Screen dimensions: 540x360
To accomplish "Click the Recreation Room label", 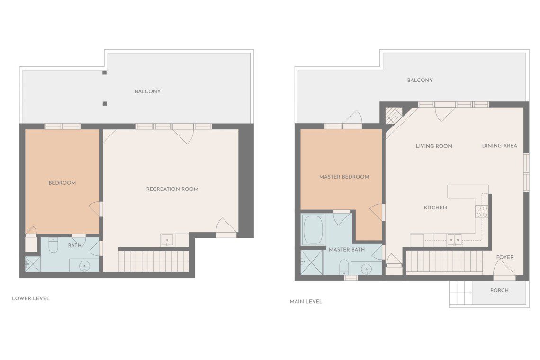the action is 172,189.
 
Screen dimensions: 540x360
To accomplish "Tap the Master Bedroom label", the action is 344,177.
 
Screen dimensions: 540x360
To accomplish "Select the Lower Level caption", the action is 31,298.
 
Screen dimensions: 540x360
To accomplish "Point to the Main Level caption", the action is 306,301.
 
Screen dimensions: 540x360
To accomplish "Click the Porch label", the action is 499,290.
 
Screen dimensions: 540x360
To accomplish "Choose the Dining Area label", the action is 499,146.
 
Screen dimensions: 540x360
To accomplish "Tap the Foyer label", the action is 505,257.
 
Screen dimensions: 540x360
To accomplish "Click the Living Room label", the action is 434,146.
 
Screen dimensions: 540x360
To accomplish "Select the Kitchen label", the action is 435,207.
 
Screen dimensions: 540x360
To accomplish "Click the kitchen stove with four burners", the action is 482,212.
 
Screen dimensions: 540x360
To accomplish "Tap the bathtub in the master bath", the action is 313,229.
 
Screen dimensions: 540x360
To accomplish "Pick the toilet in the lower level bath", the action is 53,245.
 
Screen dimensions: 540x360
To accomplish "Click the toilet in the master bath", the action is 344,267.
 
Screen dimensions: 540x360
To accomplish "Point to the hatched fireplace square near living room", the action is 394,116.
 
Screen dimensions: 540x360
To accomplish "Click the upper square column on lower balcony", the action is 104,72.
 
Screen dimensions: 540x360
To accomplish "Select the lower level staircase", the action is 154,261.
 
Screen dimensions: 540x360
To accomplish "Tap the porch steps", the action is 461,292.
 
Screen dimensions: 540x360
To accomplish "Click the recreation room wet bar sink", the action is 168,240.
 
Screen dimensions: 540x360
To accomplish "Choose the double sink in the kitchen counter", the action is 454,240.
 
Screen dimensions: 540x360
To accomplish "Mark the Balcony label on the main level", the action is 420,80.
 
